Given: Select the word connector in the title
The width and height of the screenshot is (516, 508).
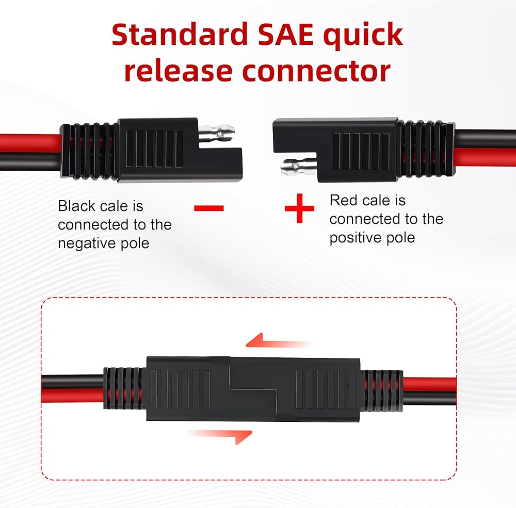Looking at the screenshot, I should [x=316, y=72].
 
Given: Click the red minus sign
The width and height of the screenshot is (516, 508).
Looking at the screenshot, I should [x=209, y=208].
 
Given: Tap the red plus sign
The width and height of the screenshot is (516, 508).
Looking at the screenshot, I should [x=299, y=208].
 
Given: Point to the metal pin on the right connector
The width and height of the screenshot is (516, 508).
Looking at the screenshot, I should [x=295, y=166].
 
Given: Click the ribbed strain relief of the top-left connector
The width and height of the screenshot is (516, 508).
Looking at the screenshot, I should [x=89, y=150].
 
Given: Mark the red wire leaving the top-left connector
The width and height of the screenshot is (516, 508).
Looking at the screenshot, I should [x=28, y=140].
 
